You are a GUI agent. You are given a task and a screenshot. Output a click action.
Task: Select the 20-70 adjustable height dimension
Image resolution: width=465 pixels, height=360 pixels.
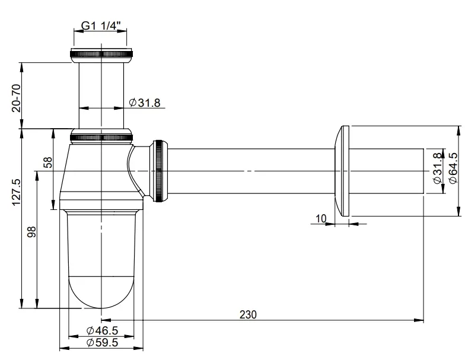(x=16, y=98)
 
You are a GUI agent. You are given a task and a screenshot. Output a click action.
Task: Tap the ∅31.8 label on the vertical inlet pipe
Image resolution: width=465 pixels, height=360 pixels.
(x=145, y=103)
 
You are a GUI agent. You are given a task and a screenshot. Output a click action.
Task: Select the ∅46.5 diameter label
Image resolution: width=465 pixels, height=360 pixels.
(x=101, y=330)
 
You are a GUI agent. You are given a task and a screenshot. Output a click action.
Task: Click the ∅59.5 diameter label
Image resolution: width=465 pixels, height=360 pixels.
(x=101, y=342)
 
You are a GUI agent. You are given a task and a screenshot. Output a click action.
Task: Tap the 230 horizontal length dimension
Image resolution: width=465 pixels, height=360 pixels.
(x=248, y=315)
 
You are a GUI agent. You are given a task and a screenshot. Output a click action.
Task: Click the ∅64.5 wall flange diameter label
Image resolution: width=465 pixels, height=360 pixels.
(x=453, y=167)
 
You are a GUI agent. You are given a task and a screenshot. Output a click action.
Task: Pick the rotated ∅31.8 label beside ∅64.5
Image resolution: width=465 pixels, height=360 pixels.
(x=437, y=168)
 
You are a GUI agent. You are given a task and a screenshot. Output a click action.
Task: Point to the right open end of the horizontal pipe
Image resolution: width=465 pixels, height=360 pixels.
(x=422, y=171)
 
